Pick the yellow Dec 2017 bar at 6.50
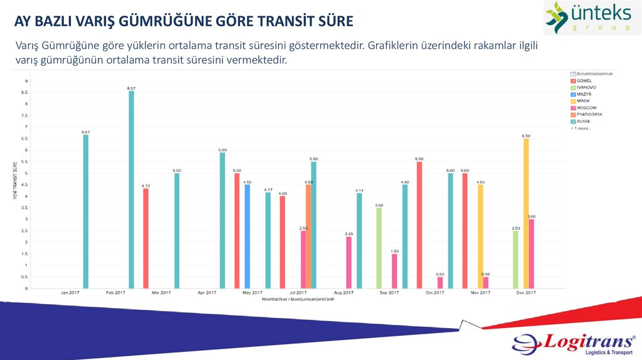(x=526, y=213)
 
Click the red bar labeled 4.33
(x=146, y=238)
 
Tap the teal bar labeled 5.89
(x=223, y=220)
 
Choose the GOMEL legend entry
(x=584, y=80)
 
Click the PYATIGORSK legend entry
(x=589, y=114)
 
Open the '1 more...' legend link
(x=581, y=128)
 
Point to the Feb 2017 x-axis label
(x=116, y=293)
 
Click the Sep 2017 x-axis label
(x=389, y=293)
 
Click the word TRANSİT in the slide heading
(x=288, y=22)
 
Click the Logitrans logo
(x=574, y=344)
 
